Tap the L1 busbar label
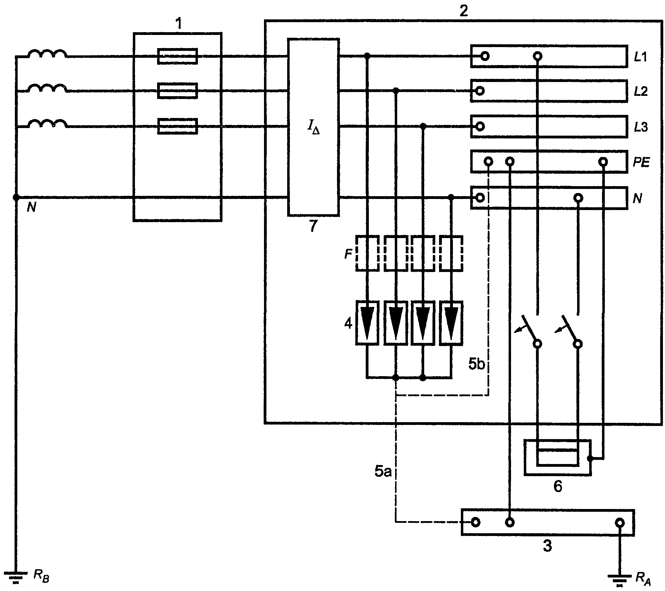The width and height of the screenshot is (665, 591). (x=640, y=57)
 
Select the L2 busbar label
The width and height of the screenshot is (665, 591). (x=641, y=92)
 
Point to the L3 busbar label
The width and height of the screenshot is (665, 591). (x=641, y=127)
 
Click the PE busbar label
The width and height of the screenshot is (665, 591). (x=641, y=162)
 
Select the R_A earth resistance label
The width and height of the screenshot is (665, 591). (x=643, y=578)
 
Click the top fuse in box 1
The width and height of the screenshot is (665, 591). (x=177, y=56)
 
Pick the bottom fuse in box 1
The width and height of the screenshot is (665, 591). (x=177, y=126)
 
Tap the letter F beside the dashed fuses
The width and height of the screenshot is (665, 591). (x=348, y=255)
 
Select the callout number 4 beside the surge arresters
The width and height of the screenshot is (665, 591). (x=348, y=324)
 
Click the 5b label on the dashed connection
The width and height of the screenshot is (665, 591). (x=476, y=364)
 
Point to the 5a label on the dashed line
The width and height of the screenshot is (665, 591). (x=383, y=472)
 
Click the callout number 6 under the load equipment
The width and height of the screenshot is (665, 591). (x=558, y=487)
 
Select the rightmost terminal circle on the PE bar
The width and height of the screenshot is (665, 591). (x=603, y=162)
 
